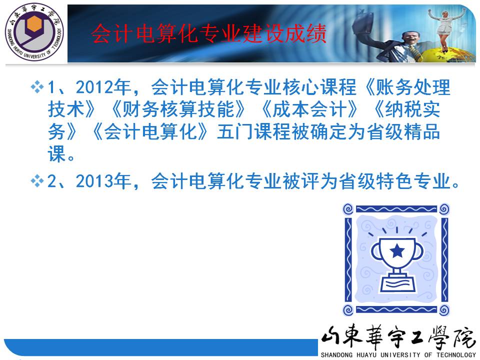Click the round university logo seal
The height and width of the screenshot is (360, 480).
(34, 31)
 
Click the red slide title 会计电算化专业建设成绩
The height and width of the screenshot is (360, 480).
(209, 33)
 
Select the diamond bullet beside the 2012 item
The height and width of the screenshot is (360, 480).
(37, 86)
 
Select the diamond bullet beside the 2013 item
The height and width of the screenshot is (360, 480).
(37, 180)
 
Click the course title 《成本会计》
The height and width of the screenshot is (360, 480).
(309, 109)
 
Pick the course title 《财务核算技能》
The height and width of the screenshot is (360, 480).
(178, 109)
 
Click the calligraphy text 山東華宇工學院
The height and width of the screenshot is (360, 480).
(398, 337)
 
